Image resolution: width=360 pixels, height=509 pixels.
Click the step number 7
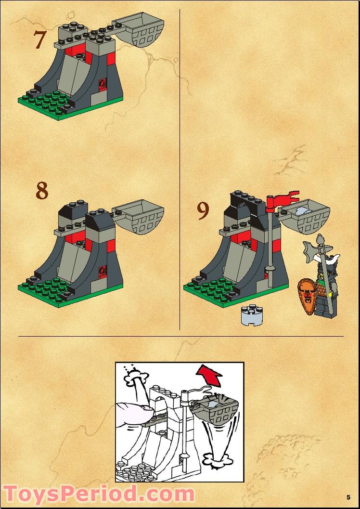pyautogui.click(x=40, y=39)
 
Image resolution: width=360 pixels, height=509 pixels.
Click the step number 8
pyautogui.click(x=42, y=191)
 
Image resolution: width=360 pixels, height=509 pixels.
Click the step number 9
pyautogui.click(x=203, y=211)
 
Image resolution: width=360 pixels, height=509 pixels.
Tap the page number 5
pyautogui.click(x=348, y=497)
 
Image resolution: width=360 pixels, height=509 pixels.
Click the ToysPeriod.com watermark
pyautogui.click(x=99, y=495)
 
